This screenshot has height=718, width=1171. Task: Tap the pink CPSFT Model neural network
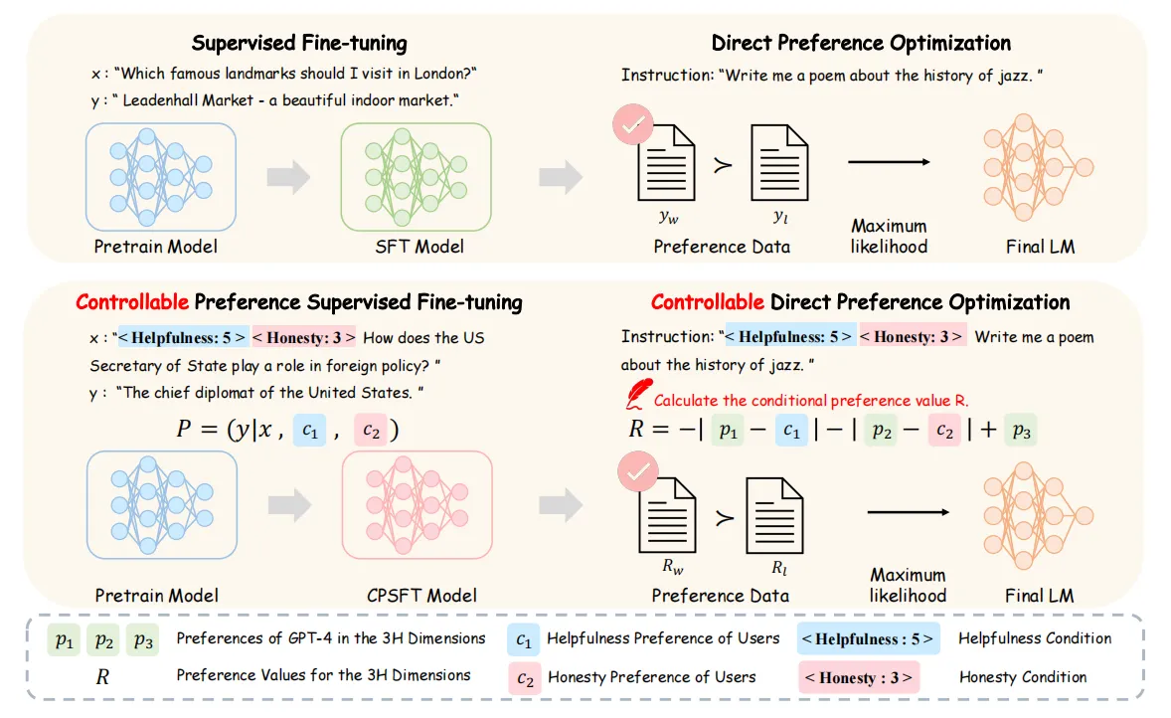point(417,504)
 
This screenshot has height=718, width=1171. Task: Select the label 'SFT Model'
point(419,247)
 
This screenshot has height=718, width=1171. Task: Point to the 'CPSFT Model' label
point(421,596)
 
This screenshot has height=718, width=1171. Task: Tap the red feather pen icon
point(637,394)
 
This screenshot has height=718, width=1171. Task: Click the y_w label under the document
point(668,217)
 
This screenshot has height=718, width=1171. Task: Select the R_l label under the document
point(779,568)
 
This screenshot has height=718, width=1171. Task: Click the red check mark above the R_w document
point(638,471)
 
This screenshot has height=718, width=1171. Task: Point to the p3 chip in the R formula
point(1021,430)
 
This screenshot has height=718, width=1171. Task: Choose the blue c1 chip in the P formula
point(310,430)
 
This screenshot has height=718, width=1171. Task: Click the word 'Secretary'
point(124,365)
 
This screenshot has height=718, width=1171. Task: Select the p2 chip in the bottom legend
point(103,639)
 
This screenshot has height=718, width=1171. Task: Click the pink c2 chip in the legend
point(525,677)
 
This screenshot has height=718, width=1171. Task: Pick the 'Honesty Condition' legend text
point(1023,677)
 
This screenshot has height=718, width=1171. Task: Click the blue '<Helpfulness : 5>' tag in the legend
point(868,638)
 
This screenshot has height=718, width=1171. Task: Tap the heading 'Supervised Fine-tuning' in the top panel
point(299,43)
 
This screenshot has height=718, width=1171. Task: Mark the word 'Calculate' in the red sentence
point(686,401)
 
